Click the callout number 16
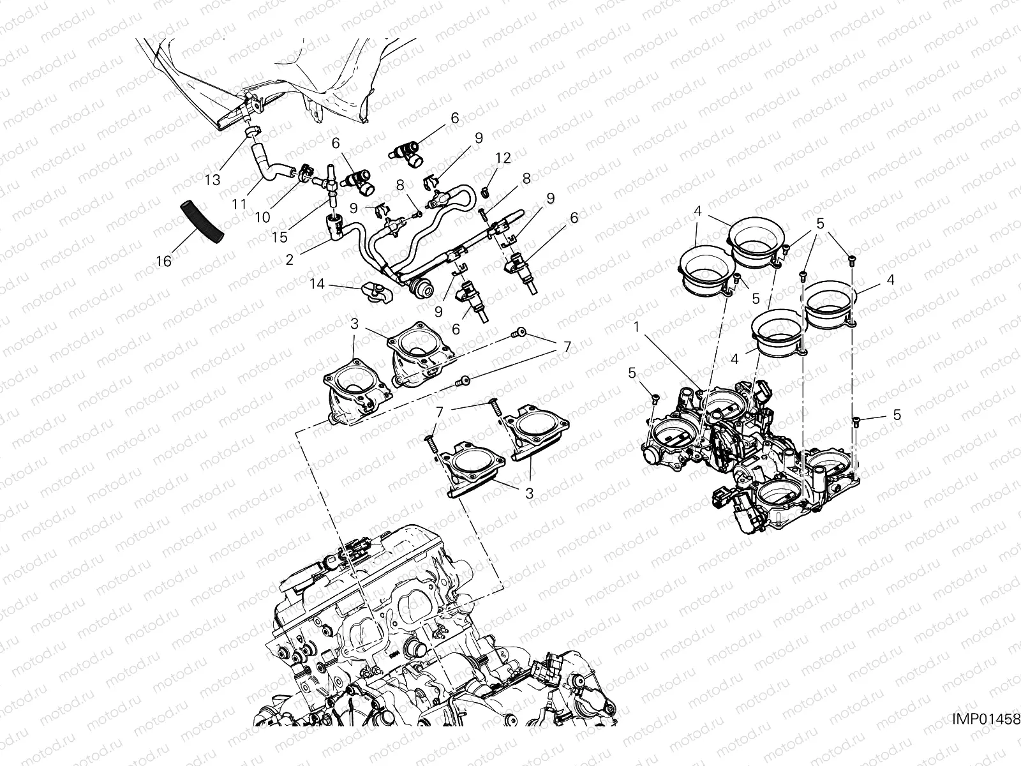coord(164,261)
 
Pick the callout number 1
coord(636,326)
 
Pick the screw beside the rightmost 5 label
coord(856,421)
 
